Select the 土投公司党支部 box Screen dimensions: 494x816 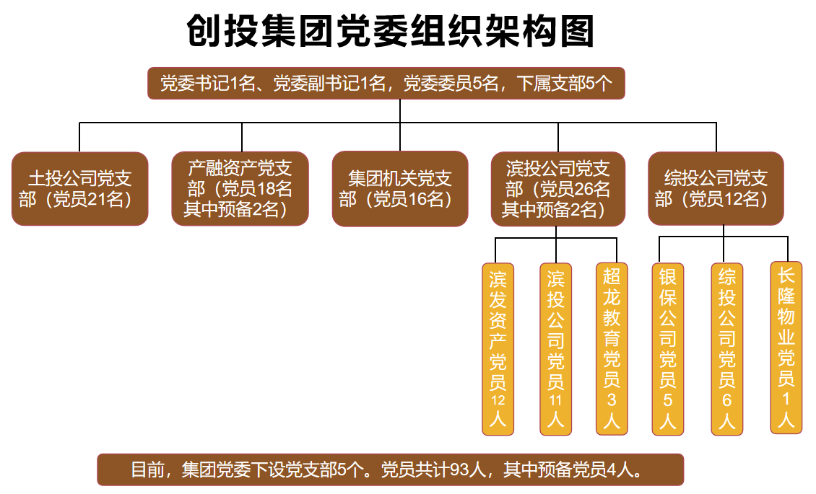click(80, 188)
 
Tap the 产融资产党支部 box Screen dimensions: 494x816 click(240, 188)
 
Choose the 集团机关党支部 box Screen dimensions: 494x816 click(400, 188)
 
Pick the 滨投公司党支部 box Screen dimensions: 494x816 click(558, 189)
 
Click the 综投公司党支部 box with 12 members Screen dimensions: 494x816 click(716, 188)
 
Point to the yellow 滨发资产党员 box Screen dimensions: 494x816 click(498, 349)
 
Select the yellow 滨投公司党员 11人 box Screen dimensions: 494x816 click(555, 349)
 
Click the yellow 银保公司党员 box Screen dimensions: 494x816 click(667, 349)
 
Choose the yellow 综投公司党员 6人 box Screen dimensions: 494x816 click(726, 349)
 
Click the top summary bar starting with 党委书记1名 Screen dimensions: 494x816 click(386, 84)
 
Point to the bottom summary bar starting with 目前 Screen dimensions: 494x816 click(390, 469)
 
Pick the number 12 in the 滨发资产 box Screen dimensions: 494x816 click(498, 401)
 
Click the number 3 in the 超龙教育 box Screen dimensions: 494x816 click(611, 400)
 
